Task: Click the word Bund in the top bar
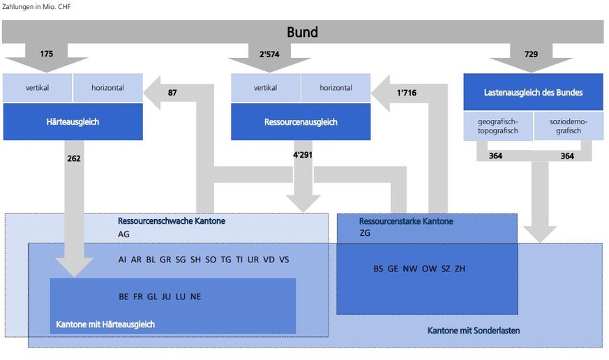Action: (x=302, y=32)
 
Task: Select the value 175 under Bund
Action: (x=47, y=54)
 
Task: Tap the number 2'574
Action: (x=272, y=54)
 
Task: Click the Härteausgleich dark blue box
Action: (x=73, y=121)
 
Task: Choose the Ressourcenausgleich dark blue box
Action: (x=301, y=121)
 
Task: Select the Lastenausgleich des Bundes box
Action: (x=533, y=92)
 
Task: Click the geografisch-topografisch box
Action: (x=498, y=126)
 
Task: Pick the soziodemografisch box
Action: (x=568, y=126)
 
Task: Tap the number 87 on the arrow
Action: (x=173, y=93)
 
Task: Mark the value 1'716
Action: (x=406, y=93)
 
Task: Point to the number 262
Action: (x=74, y=158)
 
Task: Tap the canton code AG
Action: (x=123, y=234)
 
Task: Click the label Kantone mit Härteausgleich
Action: (x=105, y=324)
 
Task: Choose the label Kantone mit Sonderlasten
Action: (x=473, y=330)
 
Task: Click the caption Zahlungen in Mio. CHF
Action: (x=36, y=7)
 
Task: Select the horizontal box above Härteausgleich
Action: (x=107, y=88)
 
